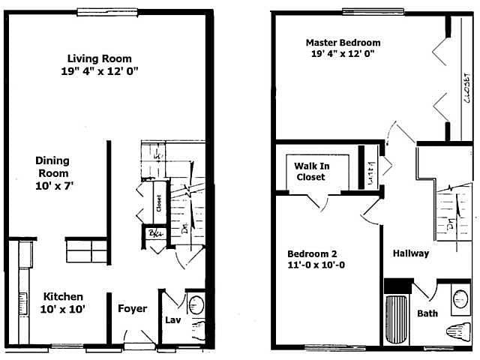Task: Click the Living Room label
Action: [x=99, y=58]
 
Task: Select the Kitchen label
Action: [x=62, y=296]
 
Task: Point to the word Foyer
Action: [x=133, y=308]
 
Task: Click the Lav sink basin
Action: [x=195, y=305]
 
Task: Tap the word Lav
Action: [x=171, y=322]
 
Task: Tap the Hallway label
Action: [x=411, y=253]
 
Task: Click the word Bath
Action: [x=427, y=313]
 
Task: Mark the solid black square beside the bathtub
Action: [x=397, y=286]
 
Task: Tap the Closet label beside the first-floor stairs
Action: [x=159, y=202]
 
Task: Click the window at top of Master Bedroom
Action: [x=364, y=11]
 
